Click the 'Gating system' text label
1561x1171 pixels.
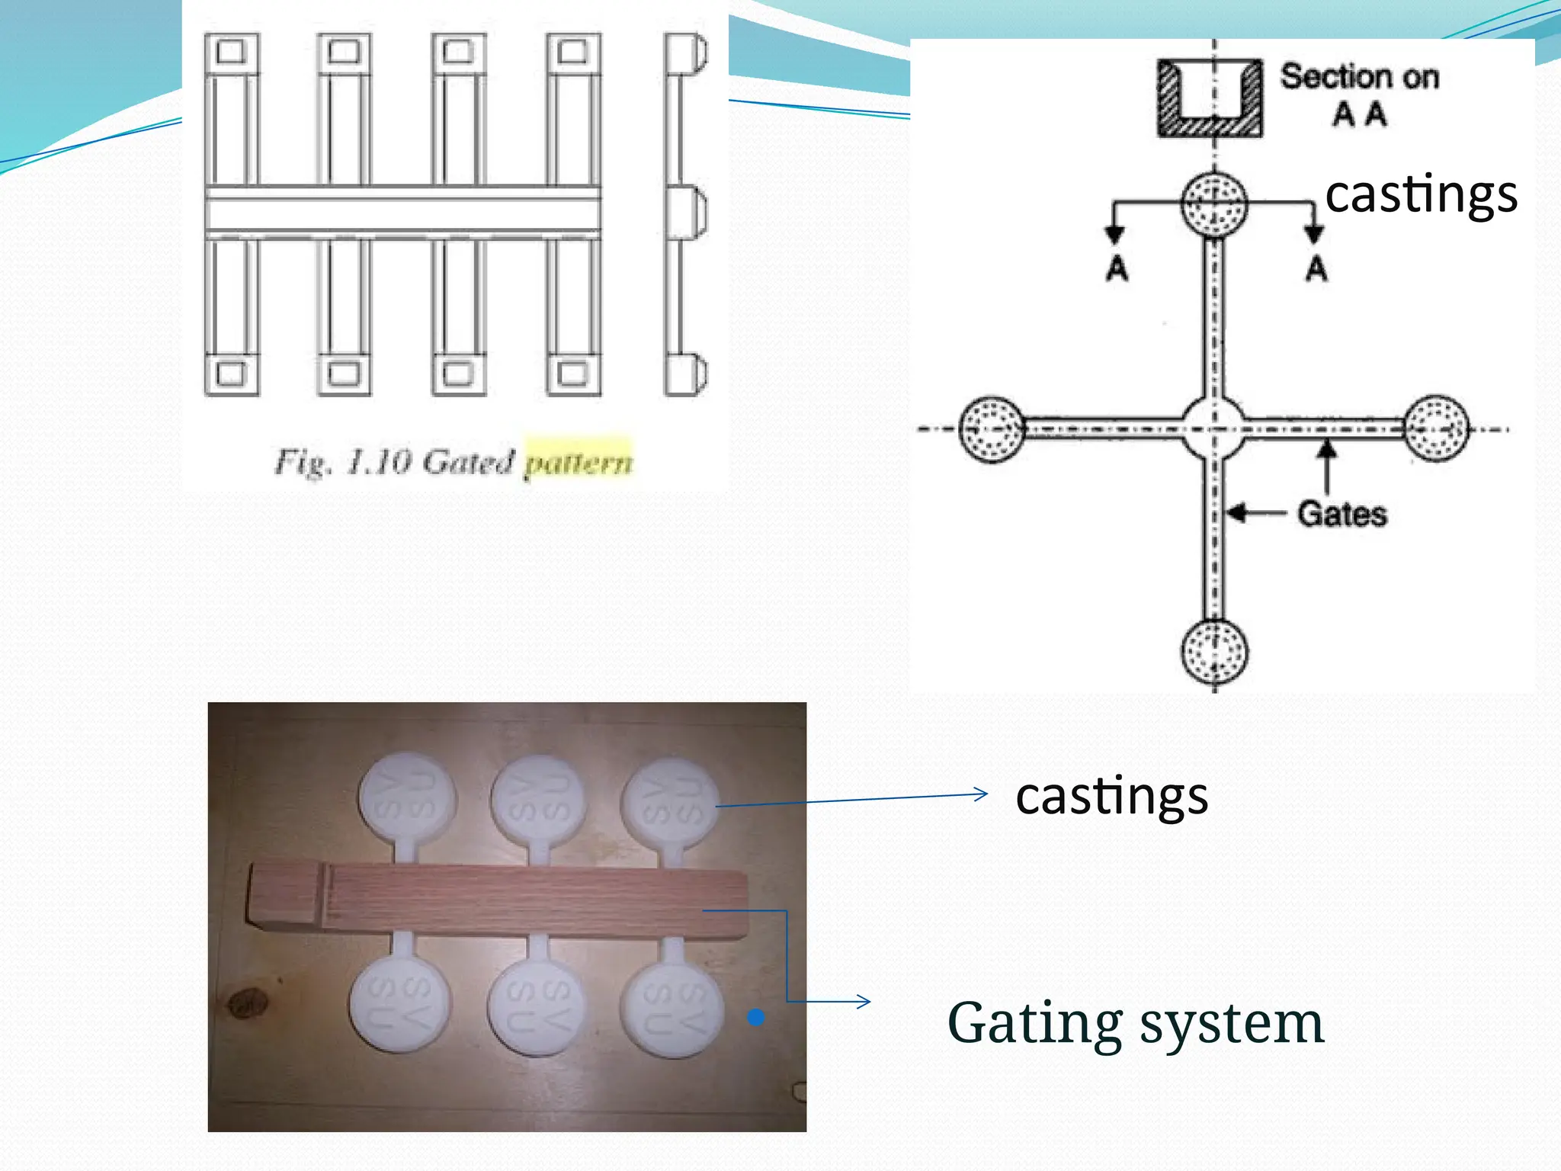pos(1135,1023)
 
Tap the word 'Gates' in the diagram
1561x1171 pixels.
pos(1342,514)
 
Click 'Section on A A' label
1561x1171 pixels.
pos(1359,95)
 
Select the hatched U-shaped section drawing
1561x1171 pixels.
pos(1210,98)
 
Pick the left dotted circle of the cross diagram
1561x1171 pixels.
pos(991,429)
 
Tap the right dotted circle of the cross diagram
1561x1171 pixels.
pos(1436,428)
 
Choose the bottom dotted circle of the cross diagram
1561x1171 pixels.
pos(1214,651)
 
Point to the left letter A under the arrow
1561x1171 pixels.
pos(1117,268)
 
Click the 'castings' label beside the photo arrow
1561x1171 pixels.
pos(1111,796)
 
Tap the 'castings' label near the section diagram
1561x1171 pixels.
pos(1421,194)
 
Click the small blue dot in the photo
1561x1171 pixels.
pos(755,1017)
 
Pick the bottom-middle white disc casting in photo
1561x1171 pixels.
pos(537,1006)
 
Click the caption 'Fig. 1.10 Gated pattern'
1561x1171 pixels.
pos(453,462)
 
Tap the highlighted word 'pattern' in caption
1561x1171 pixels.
pos(579,462)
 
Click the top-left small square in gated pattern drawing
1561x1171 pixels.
pos(231,52)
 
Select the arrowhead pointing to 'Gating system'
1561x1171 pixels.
pos(864,1001)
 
